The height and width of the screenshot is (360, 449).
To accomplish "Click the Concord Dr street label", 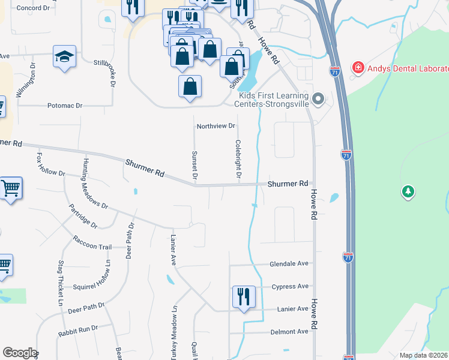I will (x=33, y=8).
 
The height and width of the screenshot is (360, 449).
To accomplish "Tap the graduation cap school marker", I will (x=64, y=56).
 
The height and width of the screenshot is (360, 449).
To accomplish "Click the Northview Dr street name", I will (x=217, y=127).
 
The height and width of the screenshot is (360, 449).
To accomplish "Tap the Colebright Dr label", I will (x=238, y=159).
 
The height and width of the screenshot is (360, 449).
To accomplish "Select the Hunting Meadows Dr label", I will (x=95, y=184).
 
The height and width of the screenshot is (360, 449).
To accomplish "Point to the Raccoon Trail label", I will (x=92, y=247).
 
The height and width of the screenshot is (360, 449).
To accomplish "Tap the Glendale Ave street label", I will (x=289, y=263).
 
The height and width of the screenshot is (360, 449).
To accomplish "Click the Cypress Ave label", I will (x=290, y=286).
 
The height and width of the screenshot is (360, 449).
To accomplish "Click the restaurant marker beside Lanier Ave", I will (x=244, y=296).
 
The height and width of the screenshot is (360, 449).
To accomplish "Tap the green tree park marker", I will (x=408, y=192).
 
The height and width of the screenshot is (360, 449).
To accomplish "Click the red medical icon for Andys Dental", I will (x=358, y=67).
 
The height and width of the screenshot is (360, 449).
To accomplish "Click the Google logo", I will (x=20, y=353).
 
